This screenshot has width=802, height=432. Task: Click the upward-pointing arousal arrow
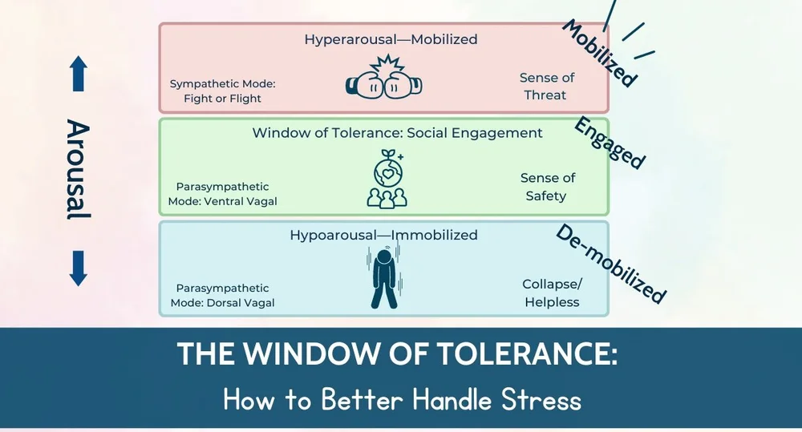(77, 74)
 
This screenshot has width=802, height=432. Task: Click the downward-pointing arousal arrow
(77, 268)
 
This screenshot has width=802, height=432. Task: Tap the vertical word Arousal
(78, 169)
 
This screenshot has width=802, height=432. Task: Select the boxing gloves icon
(383, 80)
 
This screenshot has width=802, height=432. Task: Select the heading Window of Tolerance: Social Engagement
(397, 133)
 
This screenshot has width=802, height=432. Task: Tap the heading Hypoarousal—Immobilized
(383, 235)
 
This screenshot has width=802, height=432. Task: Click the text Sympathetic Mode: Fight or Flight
(216, 91)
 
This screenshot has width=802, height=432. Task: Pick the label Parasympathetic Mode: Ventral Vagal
(222, 193)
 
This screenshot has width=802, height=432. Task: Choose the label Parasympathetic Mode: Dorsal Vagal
(222, 295)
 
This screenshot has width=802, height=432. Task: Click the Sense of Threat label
(546, 87)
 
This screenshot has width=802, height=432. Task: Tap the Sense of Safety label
(547, 187)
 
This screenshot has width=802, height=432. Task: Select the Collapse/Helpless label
(550, 293)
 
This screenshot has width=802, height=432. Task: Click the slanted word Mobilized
(600, 52)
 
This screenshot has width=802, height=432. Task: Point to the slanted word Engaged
(610, 143)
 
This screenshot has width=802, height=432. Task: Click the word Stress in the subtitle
(536, 398)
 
